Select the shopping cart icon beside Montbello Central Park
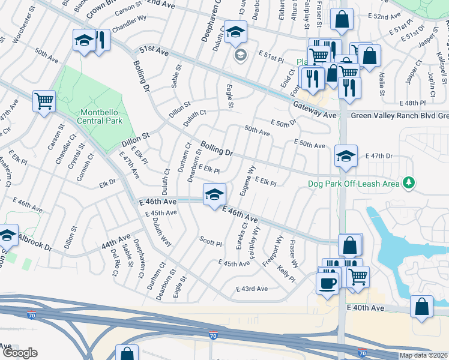click(x=44, y=101)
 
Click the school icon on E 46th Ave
click(x=214, y=195)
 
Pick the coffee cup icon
click(x=327, y=283)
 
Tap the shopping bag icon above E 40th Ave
click(x=422, y=306)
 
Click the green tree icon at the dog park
click(x=409, y=182)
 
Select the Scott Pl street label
click(x=211, y=242)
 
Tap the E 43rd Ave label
click(x=252, y=289)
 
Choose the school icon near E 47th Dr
click(x=346, y=157)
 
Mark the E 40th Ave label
click(x=365, y=307)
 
